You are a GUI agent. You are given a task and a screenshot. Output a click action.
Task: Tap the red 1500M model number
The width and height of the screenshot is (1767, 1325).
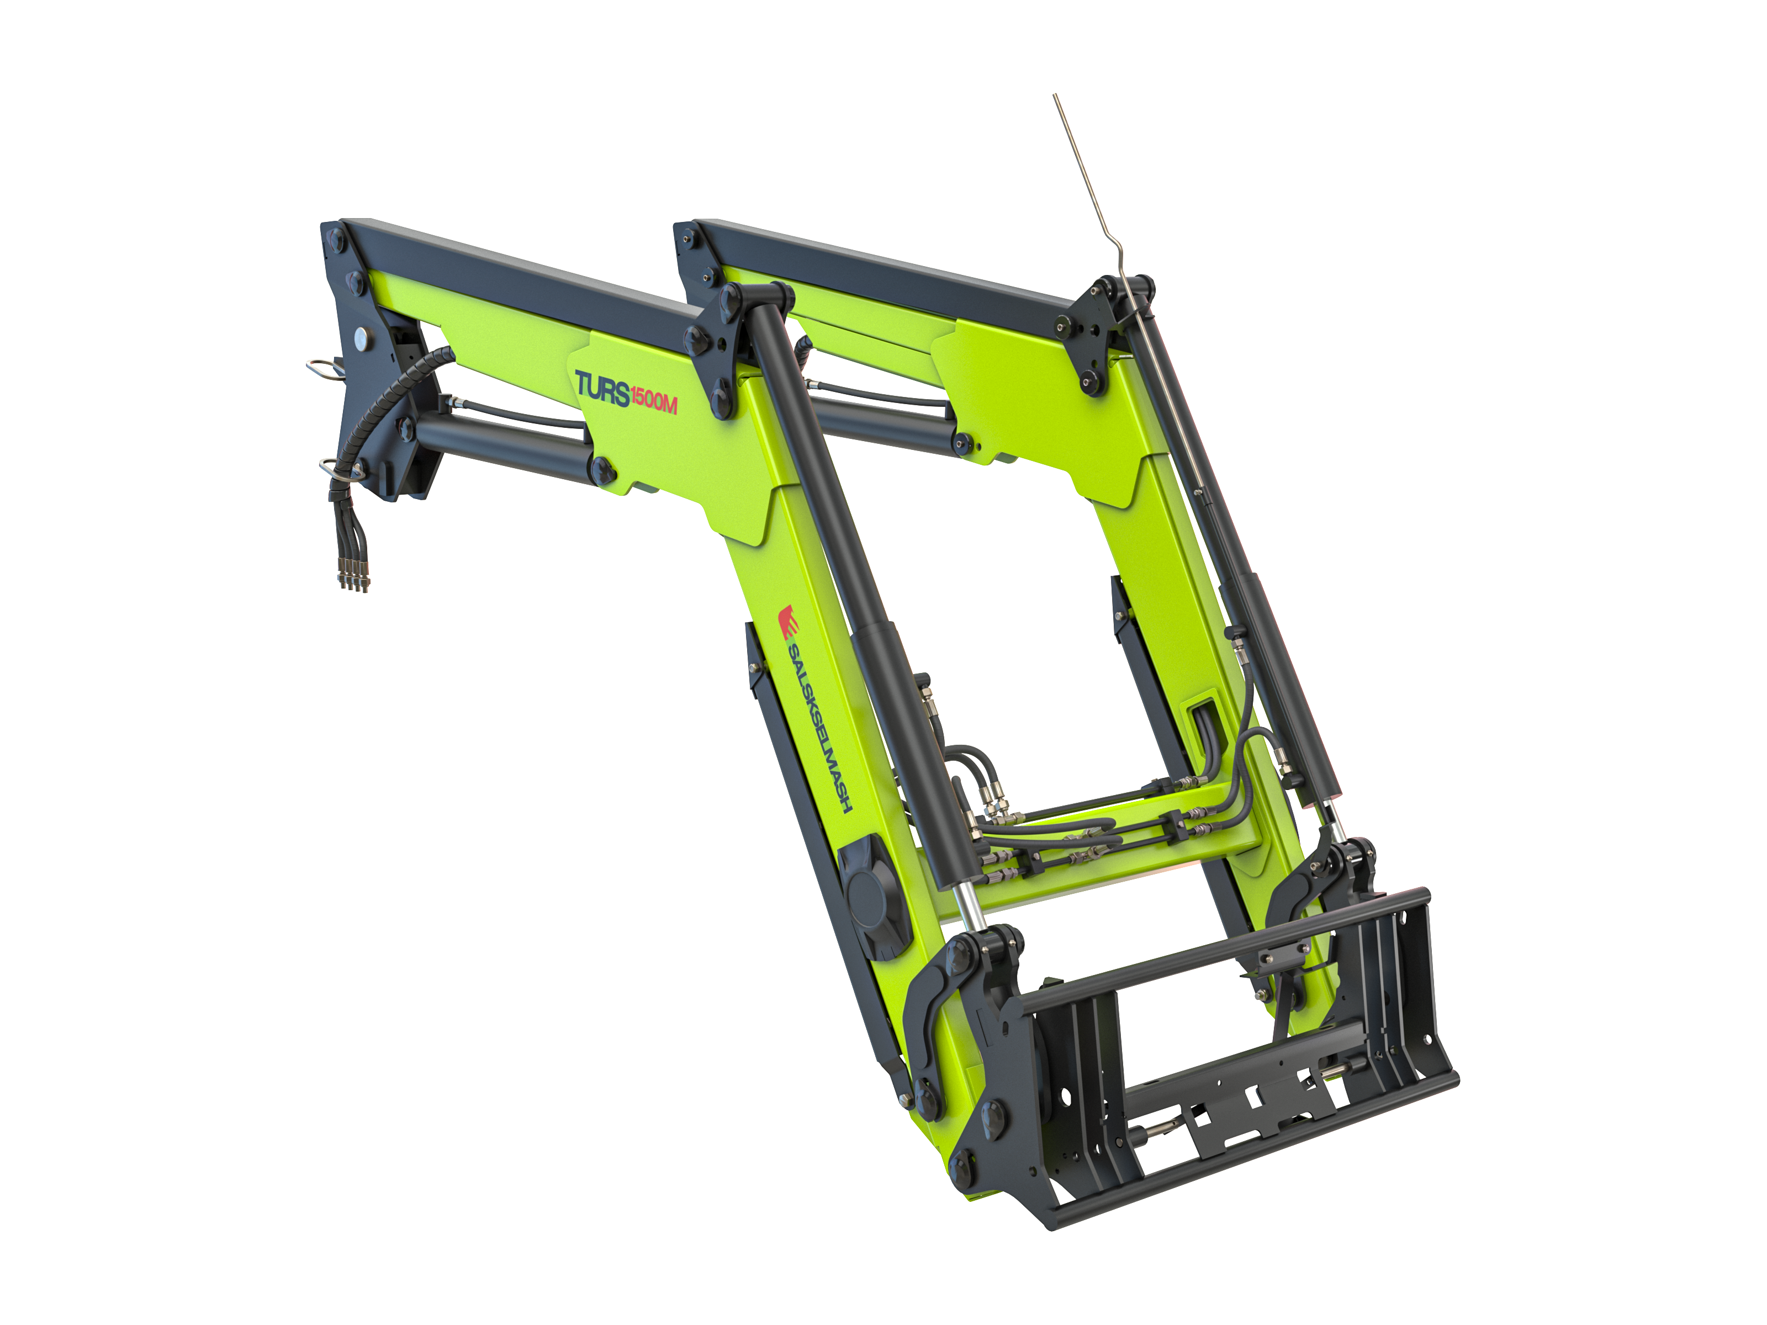(x=653, y=399)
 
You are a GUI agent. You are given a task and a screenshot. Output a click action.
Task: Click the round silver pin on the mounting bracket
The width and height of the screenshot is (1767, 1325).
(x=363, y=338)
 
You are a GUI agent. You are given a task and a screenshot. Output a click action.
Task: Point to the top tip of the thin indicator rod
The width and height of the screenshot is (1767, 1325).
(x=1055, y=95)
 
